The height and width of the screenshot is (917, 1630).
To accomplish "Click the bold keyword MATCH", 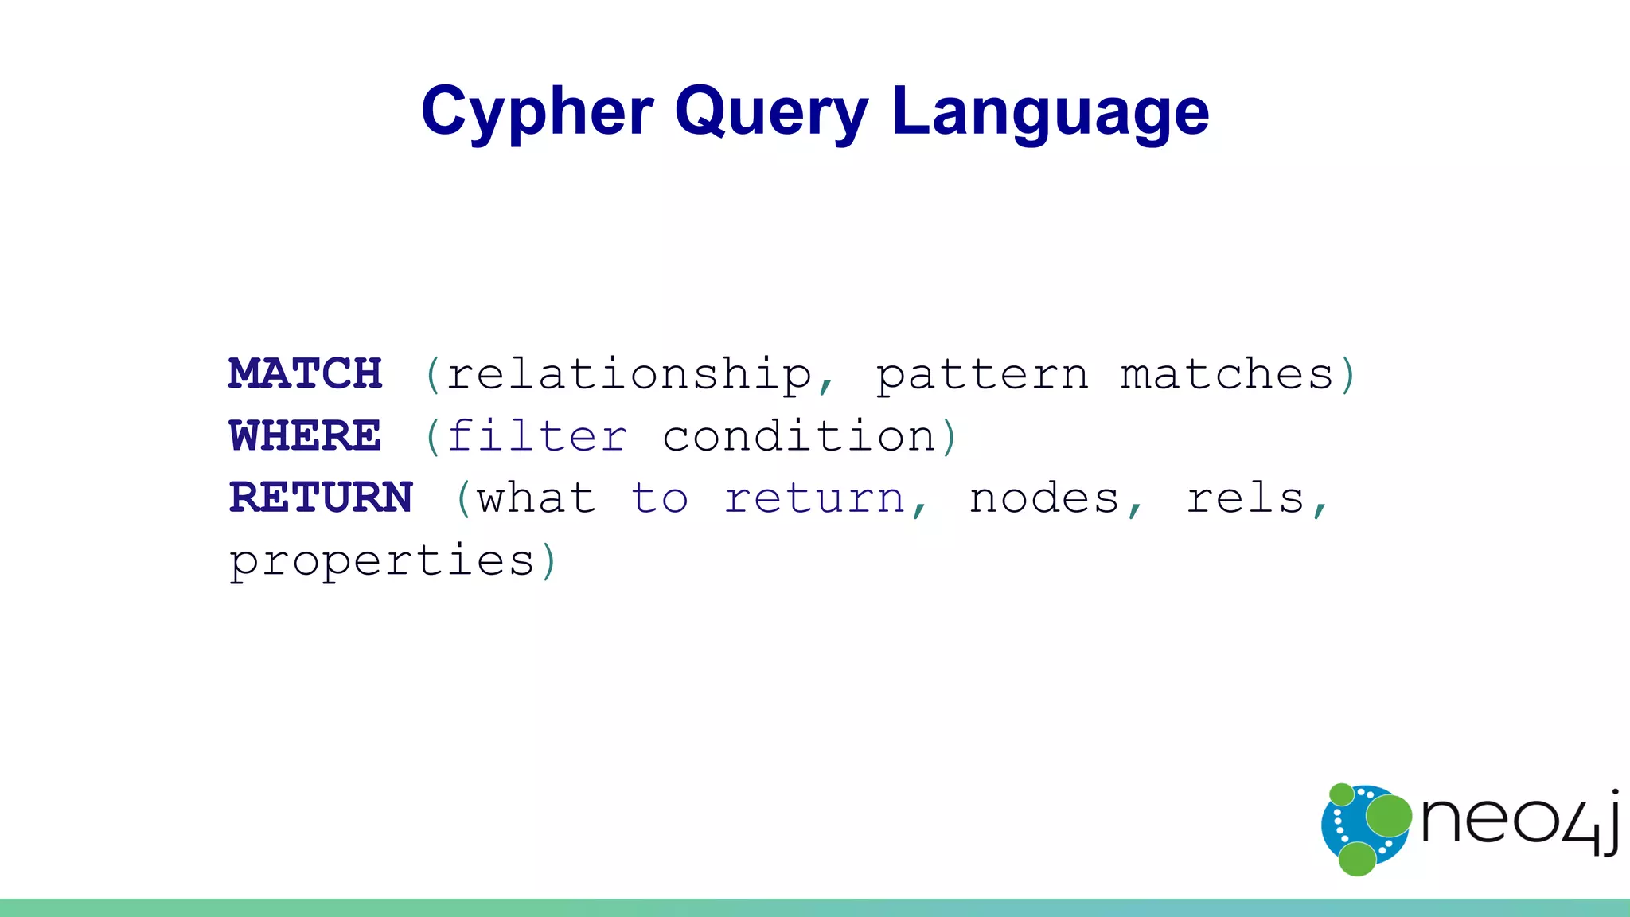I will click(x=306, y=373).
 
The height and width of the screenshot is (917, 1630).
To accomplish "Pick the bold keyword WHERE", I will click(x=306, y=435).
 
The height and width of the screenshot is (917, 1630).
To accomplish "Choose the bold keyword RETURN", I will click(x=321, y=498).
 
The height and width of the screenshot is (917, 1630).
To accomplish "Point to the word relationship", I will click(x=629, y=375).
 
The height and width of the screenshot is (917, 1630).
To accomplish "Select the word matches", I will click(x=1226, y=374).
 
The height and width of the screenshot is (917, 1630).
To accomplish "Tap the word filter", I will click(x=537, y=436).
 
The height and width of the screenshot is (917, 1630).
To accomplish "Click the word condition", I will click(x=799, y=436).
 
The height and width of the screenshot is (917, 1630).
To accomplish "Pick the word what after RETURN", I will click(x=536, y=498).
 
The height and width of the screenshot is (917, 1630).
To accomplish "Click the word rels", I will click(x=1246, y=499).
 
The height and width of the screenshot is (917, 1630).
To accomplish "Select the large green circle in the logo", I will click(x=1389, y=816).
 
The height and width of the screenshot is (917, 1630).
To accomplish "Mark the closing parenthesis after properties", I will click(x=548, y=561).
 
